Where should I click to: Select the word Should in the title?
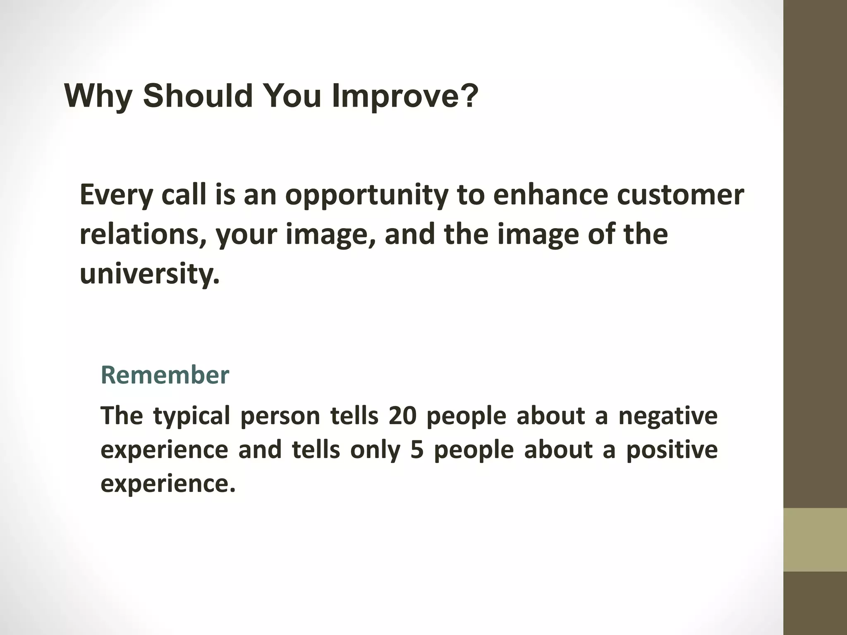[x=198, y=96]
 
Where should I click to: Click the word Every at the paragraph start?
[x=116, y=195]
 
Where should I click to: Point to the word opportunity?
[x=367, y=195]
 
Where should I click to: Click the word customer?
[x=680, y=195]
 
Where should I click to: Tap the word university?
[x=149, y=273]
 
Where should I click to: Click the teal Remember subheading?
[x=165, y=375]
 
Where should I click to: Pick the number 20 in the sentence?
[x=402, y=415]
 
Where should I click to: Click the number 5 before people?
[x=417, y=449]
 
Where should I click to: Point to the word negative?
[x=668, y=415]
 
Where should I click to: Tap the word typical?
[x=191, y=415]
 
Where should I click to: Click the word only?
[x=375, y=449]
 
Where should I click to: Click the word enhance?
[x=550, y=195]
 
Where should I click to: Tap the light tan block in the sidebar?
[x=815, y=540]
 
